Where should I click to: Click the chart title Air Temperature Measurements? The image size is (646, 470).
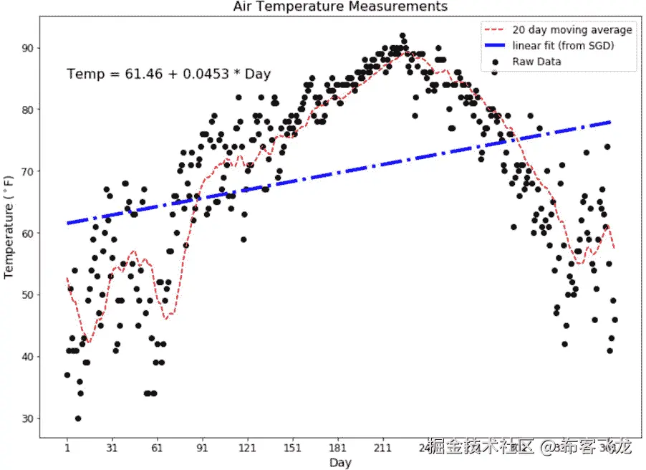point(340,6)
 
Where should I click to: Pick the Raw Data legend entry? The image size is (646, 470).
point(536,62)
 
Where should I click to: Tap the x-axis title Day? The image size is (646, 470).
point(340,463)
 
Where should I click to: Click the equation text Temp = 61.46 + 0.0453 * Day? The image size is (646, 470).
point(168,74)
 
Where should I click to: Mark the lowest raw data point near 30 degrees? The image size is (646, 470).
point(78,418)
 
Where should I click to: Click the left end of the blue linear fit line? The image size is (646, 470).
point(67,224)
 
